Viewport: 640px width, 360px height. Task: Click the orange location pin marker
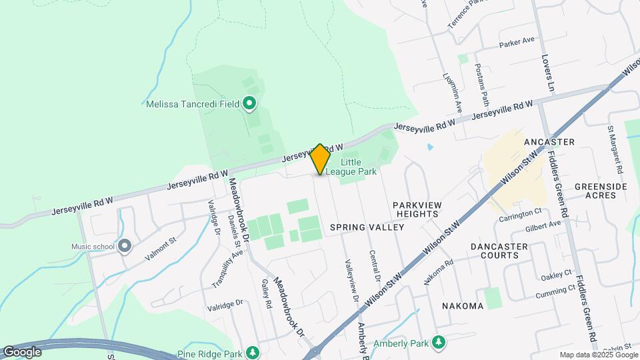tap(321, 159)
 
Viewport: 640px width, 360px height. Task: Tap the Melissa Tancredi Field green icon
tap(249, 103)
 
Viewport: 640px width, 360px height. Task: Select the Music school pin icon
tap(125, 247)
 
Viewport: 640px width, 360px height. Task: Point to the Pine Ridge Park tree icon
tap(252, 352)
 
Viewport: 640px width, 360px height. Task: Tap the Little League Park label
tap(359, 167)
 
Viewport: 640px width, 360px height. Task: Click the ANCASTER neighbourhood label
tap(549, 143)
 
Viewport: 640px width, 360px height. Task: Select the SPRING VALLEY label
tap(367, 227)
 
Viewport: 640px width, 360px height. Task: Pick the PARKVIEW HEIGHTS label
tap(415, 209)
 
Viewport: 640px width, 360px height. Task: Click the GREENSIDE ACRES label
tap(601, 191)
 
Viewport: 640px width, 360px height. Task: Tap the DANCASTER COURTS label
tap(499, 251)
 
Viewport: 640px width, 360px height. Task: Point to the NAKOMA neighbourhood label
tap(462, 306)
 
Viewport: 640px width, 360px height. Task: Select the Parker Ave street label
tap(517, 43)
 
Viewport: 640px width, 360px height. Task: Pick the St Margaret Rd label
tap(615, 148)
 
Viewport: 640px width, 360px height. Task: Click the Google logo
tap(21, 352)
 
